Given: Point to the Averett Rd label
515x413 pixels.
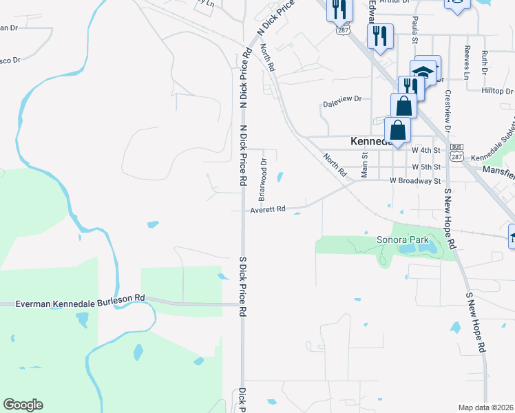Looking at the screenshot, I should [x=268, y=210].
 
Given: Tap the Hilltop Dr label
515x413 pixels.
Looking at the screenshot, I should [x=498, y=90].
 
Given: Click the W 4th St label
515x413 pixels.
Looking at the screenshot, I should [x=425, y=149].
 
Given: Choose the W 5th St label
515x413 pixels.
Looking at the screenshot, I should [x=425, y=167].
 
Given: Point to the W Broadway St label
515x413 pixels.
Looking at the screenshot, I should [x=414, y=181].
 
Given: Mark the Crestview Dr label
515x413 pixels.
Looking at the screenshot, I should [x=448, y=110].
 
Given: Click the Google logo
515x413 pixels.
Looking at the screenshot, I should [x=23, y=405].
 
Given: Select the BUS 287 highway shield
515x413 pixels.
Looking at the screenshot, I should [x=456, y=152].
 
